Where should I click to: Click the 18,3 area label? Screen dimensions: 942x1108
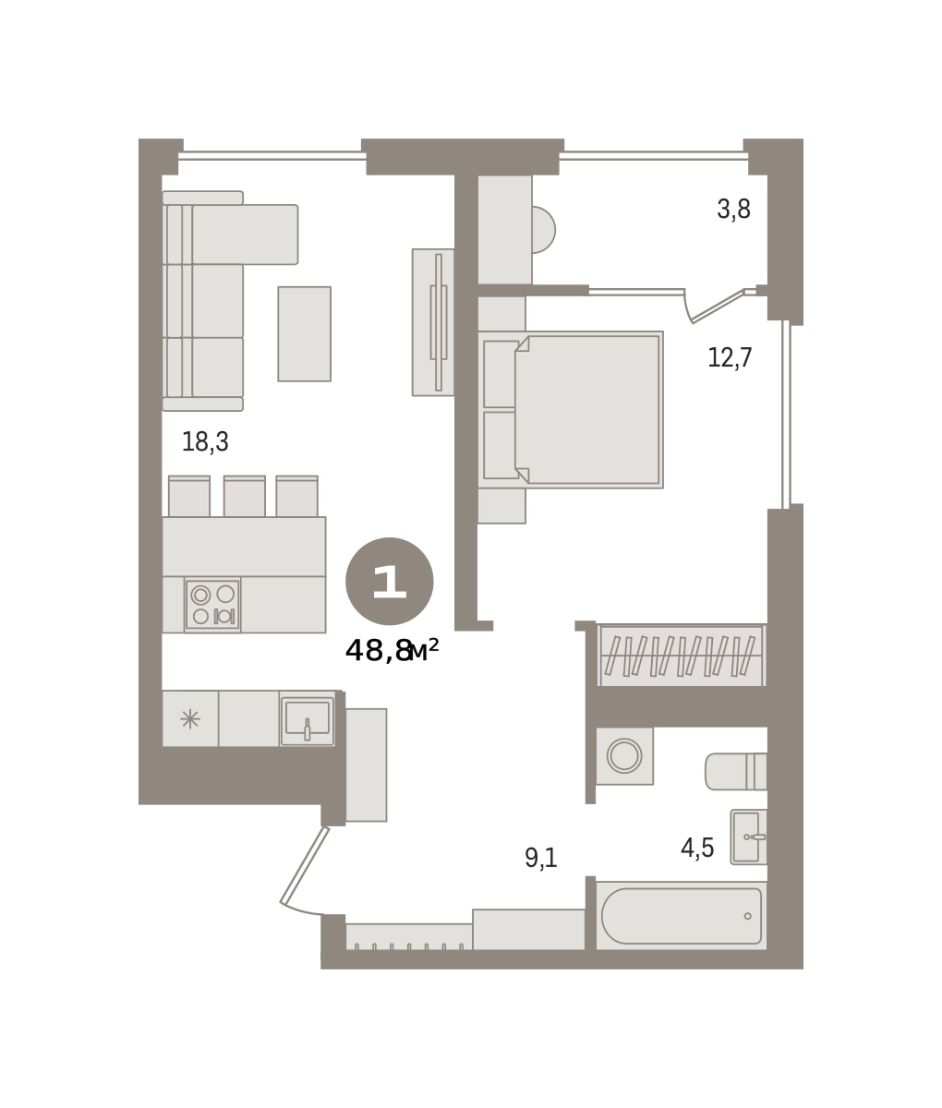coord(205,441)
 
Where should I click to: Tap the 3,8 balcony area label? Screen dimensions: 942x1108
coord(733,209)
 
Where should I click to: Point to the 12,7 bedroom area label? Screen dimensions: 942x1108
coord(730,357)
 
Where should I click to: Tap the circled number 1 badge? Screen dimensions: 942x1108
coord(389,582)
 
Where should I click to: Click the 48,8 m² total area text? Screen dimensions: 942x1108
coord(392,651)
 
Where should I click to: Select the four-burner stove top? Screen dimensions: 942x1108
coord(212,605)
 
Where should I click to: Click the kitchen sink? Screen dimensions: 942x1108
coord(308,719)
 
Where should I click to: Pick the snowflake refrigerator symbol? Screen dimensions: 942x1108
coord(190,719)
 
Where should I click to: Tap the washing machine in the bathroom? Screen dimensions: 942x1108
coord(624,756)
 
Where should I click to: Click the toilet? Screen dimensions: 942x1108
coord(735,771)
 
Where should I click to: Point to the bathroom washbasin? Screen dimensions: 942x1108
coord(748,837)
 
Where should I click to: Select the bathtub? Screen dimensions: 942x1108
coord(682,916)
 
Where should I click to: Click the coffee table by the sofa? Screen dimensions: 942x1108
coord(304,334)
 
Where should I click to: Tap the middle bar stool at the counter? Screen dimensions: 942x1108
coord(245,496)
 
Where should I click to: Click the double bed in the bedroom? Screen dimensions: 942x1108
coord(571,410)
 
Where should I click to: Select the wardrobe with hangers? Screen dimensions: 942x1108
coord(682,655)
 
